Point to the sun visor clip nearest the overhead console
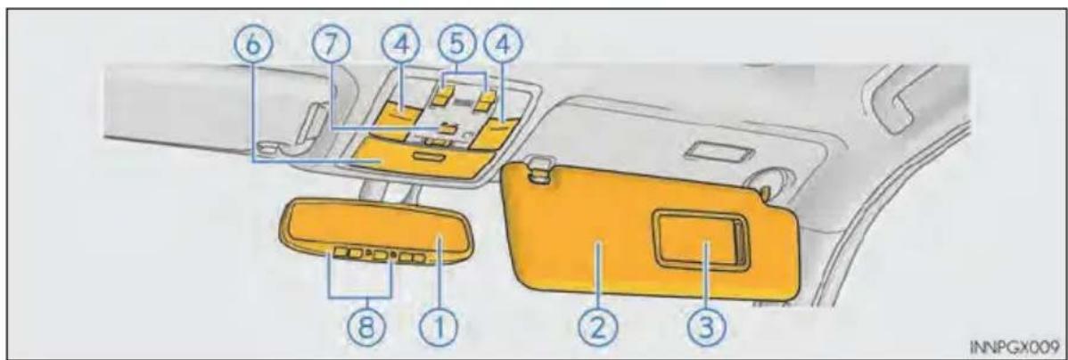(x=539, y=170)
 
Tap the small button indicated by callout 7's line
(x=448, y=127)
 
